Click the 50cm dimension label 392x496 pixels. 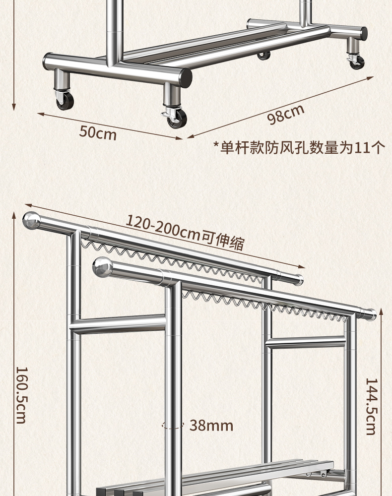click(98, 132)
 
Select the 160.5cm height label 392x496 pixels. click(21, 395)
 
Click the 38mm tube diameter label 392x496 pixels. click(211, 425)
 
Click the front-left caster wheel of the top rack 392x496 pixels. click(65, 100)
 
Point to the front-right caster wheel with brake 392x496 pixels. click(177, 118)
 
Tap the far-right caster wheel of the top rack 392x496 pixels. click(356, 62)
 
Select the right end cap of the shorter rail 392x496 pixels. click(370, 313)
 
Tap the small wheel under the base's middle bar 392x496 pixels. click(263, 55)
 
